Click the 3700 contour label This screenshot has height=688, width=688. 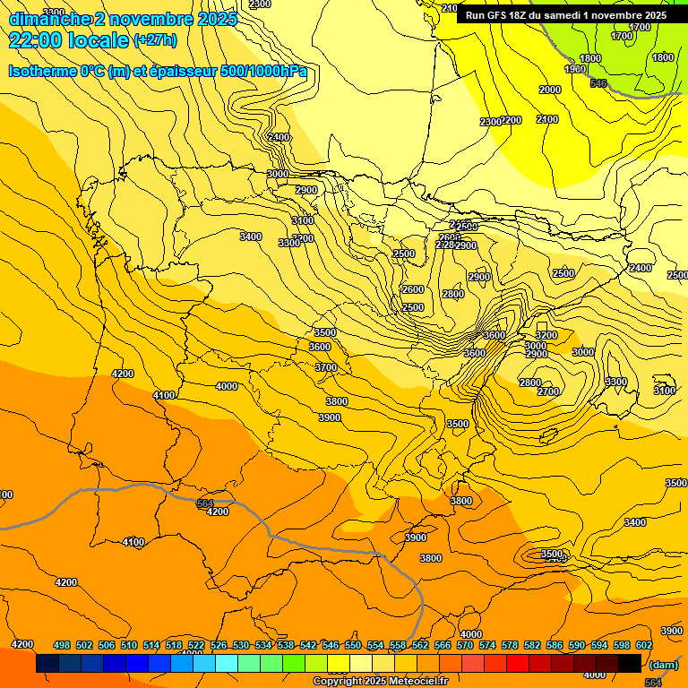click(326, 367)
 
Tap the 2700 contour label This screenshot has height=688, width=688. click(548, 391)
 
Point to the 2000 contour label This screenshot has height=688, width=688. click(549, 90)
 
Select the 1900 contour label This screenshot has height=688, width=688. click(575, 69)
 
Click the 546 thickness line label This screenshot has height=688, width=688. click(598, 83)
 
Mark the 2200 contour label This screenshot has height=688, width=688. click(511, 121)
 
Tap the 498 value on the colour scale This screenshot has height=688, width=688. click(62, 645)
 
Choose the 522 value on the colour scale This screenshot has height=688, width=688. click(196, 645)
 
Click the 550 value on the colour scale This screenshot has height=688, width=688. click(353, 645)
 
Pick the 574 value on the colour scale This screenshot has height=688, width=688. click(487, 645)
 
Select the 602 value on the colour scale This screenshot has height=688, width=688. click(644, 645)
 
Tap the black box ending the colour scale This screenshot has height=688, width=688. click(630, 663)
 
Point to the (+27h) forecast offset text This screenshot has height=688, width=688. click(155, 40)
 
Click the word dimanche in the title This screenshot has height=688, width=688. click(50, 19)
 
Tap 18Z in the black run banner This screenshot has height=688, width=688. click(526, 15)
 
